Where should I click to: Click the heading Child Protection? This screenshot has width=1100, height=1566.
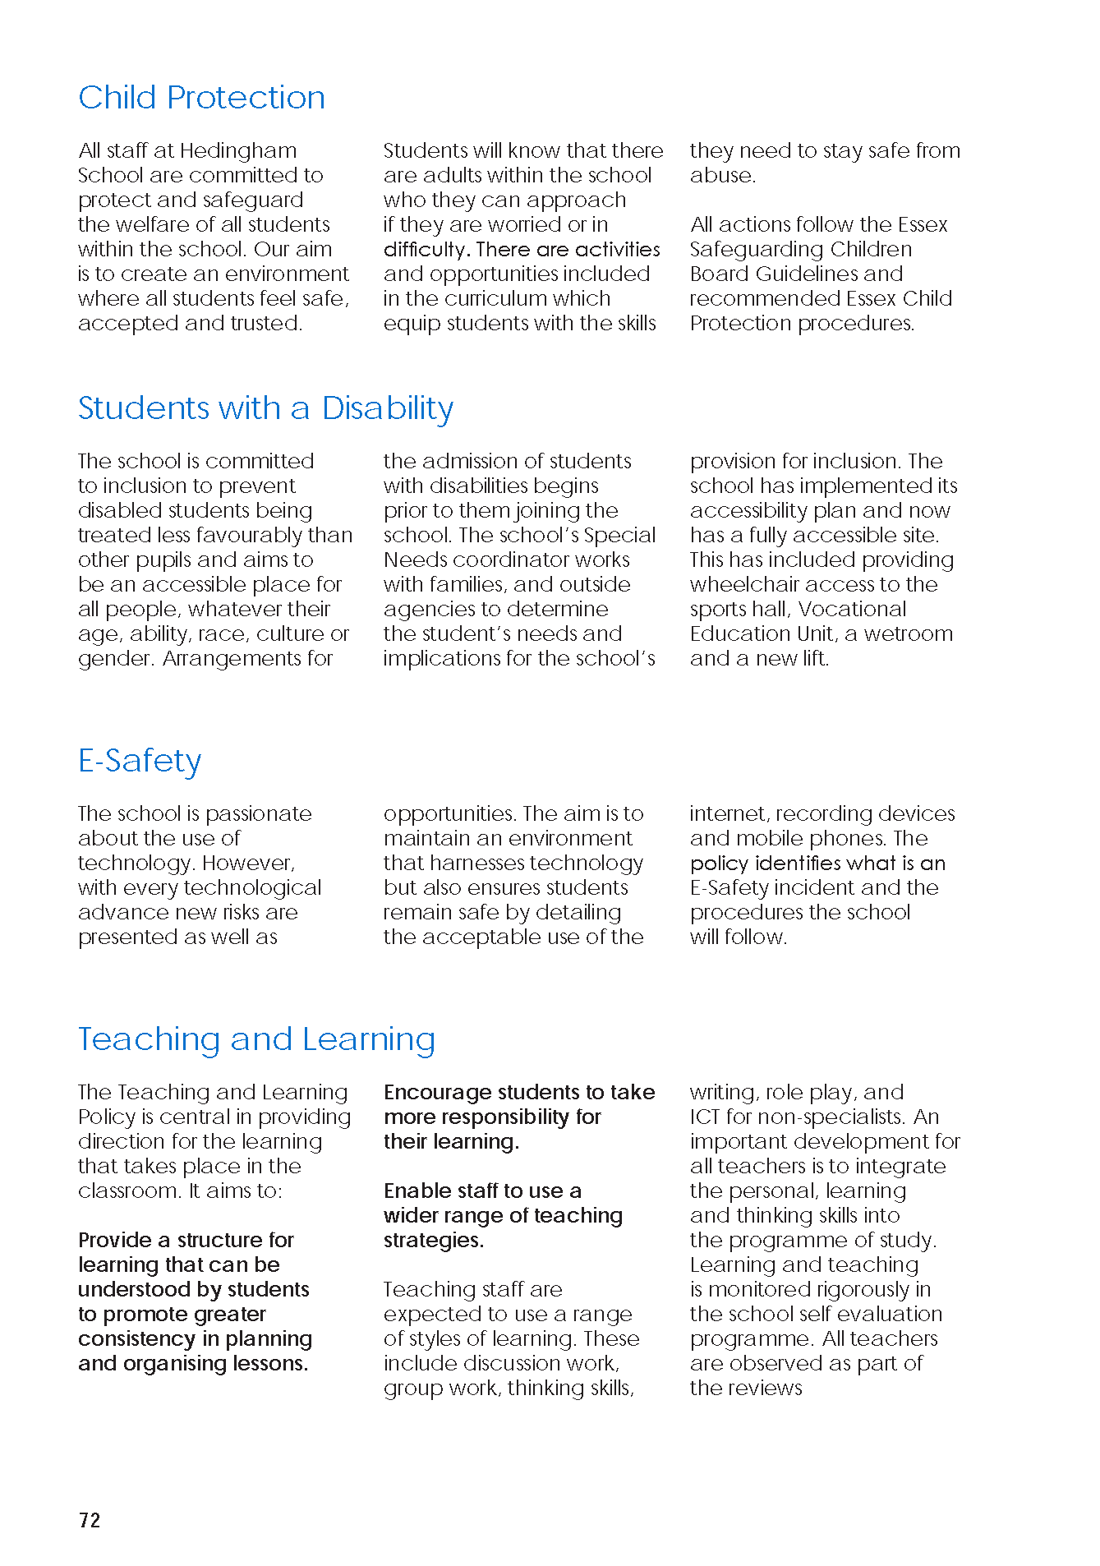pos(201,98)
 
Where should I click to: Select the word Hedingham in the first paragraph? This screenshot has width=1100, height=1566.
pos(238,151)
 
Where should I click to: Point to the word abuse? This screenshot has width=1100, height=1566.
pos(722,176)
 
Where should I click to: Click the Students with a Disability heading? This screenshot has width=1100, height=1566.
pos(265,408)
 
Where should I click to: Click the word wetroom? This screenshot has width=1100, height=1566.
pos(909,634)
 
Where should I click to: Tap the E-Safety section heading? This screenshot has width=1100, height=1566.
pos(140,761)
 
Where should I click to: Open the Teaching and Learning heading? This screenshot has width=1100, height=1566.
pos(256,1039)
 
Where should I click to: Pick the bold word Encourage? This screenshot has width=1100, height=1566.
pos(437,1093)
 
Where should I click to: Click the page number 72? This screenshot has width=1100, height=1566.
pos(90,1520)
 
